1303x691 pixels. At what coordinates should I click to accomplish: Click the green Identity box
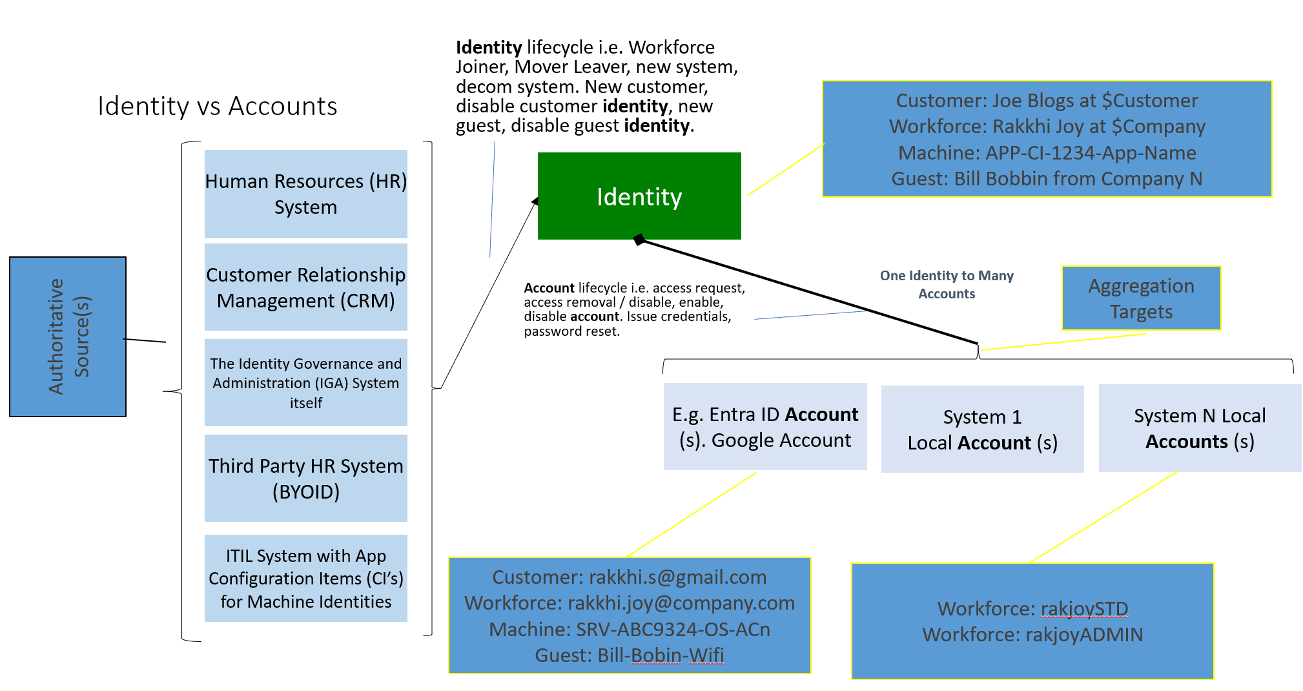(639, 196)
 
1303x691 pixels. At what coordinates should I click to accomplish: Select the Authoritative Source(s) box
(68, 336)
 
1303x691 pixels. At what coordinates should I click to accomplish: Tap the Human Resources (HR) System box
(305, 194)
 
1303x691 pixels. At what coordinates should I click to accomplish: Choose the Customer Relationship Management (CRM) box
(305, 287)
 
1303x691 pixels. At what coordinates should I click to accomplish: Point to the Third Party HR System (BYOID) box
(305, 478)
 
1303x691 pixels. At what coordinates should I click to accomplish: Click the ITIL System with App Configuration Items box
(305, 578)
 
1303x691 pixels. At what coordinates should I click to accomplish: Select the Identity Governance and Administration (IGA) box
(305, 382)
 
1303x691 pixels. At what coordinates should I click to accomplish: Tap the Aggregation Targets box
(1141, 298)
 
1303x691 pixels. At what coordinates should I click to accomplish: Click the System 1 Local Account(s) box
(982, 429)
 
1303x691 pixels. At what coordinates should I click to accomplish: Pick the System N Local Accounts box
(1200, 428)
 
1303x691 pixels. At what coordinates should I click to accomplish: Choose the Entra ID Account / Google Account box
(765, 427)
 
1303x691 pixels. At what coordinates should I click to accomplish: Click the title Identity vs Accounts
(218, 106)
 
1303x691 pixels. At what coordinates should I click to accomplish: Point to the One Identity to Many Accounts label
(947, 284)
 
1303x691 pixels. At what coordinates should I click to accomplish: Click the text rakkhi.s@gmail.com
(677, 577)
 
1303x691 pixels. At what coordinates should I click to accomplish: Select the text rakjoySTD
(1084, 608)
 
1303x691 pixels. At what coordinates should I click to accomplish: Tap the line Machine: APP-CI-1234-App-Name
(1047, 152)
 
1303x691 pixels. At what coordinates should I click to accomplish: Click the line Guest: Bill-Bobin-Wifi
(630, 655)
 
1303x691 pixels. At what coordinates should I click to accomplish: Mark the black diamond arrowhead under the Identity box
(639, 240)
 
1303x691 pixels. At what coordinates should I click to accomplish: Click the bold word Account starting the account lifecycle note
(549, 288)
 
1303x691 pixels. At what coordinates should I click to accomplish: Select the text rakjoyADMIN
(1084, 634)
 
